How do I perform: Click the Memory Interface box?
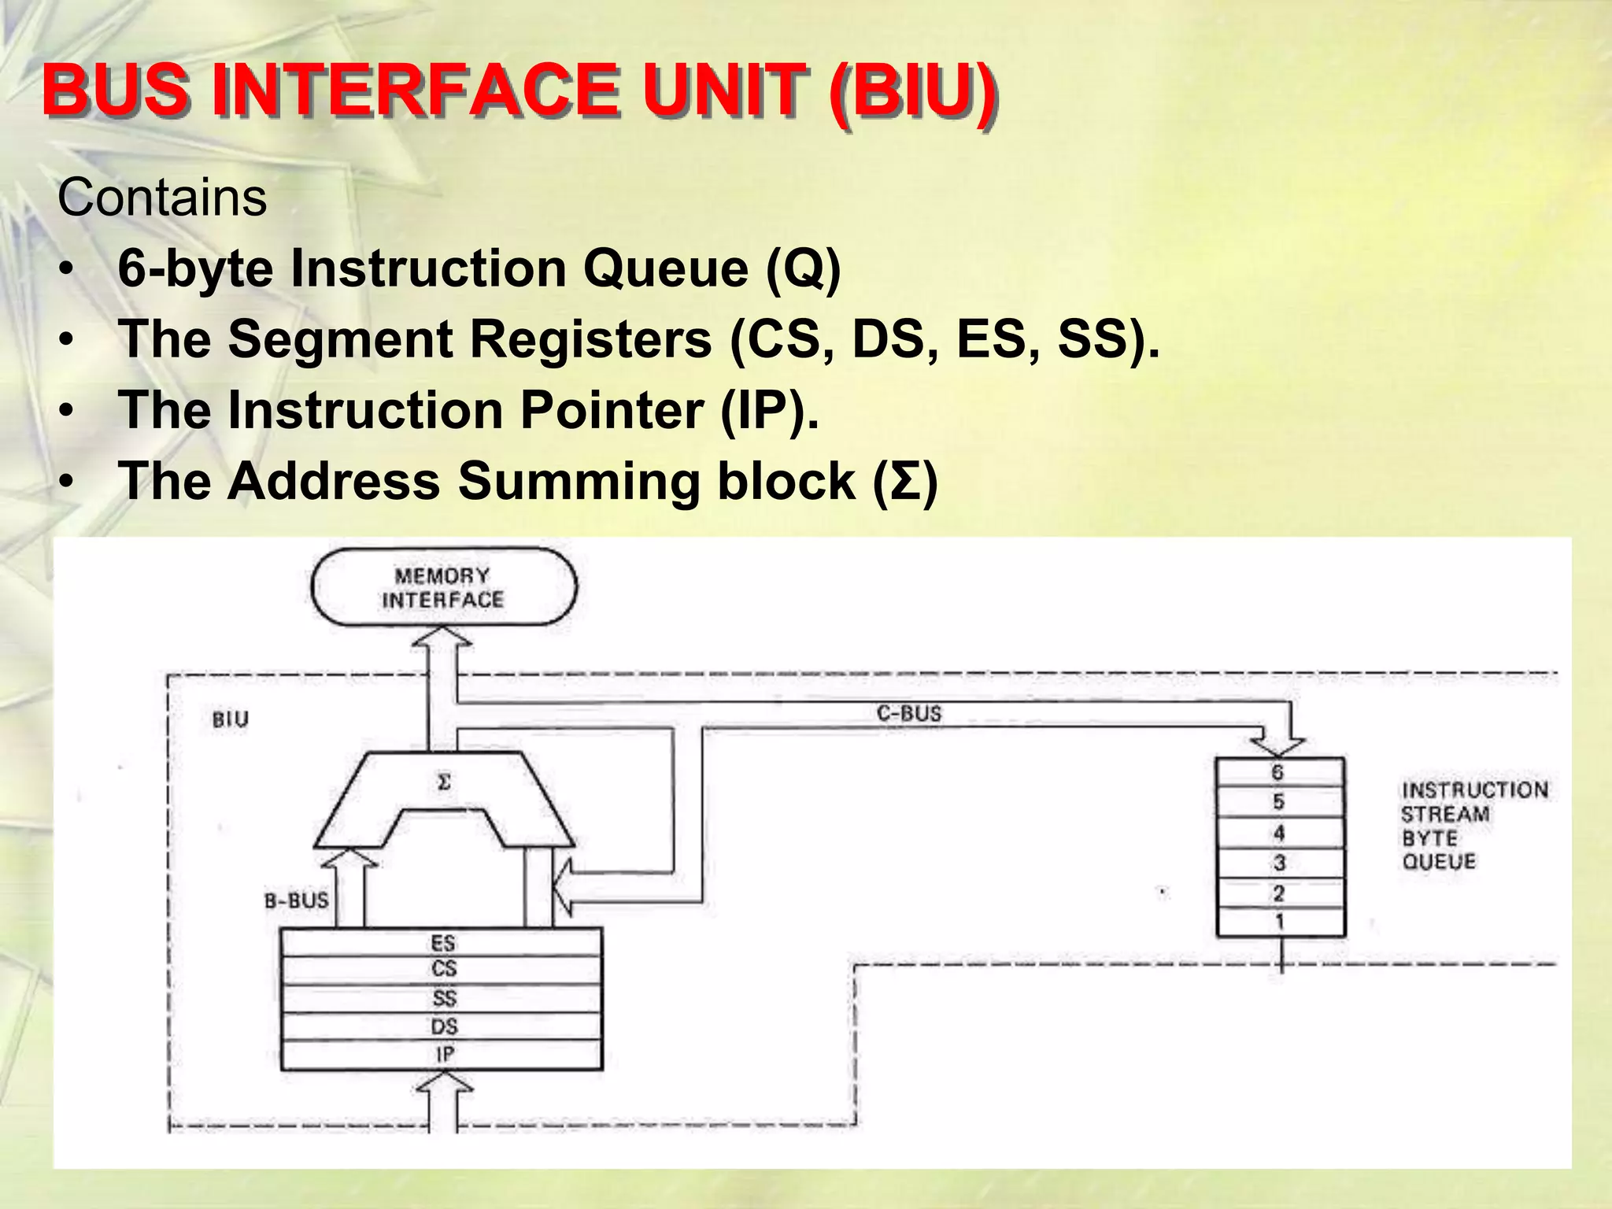[443, 587]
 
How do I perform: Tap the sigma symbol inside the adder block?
[444, 782]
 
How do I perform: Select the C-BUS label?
[909, 713]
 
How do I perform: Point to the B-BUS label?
[297, 900]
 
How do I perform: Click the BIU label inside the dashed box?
[231, 719]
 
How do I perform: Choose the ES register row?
[442, 942]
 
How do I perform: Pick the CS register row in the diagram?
[442, 970]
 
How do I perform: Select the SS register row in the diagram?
[442, 998]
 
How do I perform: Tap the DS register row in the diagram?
[442, 1026]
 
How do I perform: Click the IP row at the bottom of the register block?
[442, 1055]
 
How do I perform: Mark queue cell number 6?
[1278, 772]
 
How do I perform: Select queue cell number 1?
[1279, 922]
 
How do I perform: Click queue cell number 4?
[1279, 833]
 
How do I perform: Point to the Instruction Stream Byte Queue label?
[1473, 825]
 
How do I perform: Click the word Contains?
[161, 198]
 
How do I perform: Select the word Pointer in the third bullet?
[612, 410]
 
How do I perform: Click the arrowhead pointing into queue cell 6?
[1278, 745]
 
